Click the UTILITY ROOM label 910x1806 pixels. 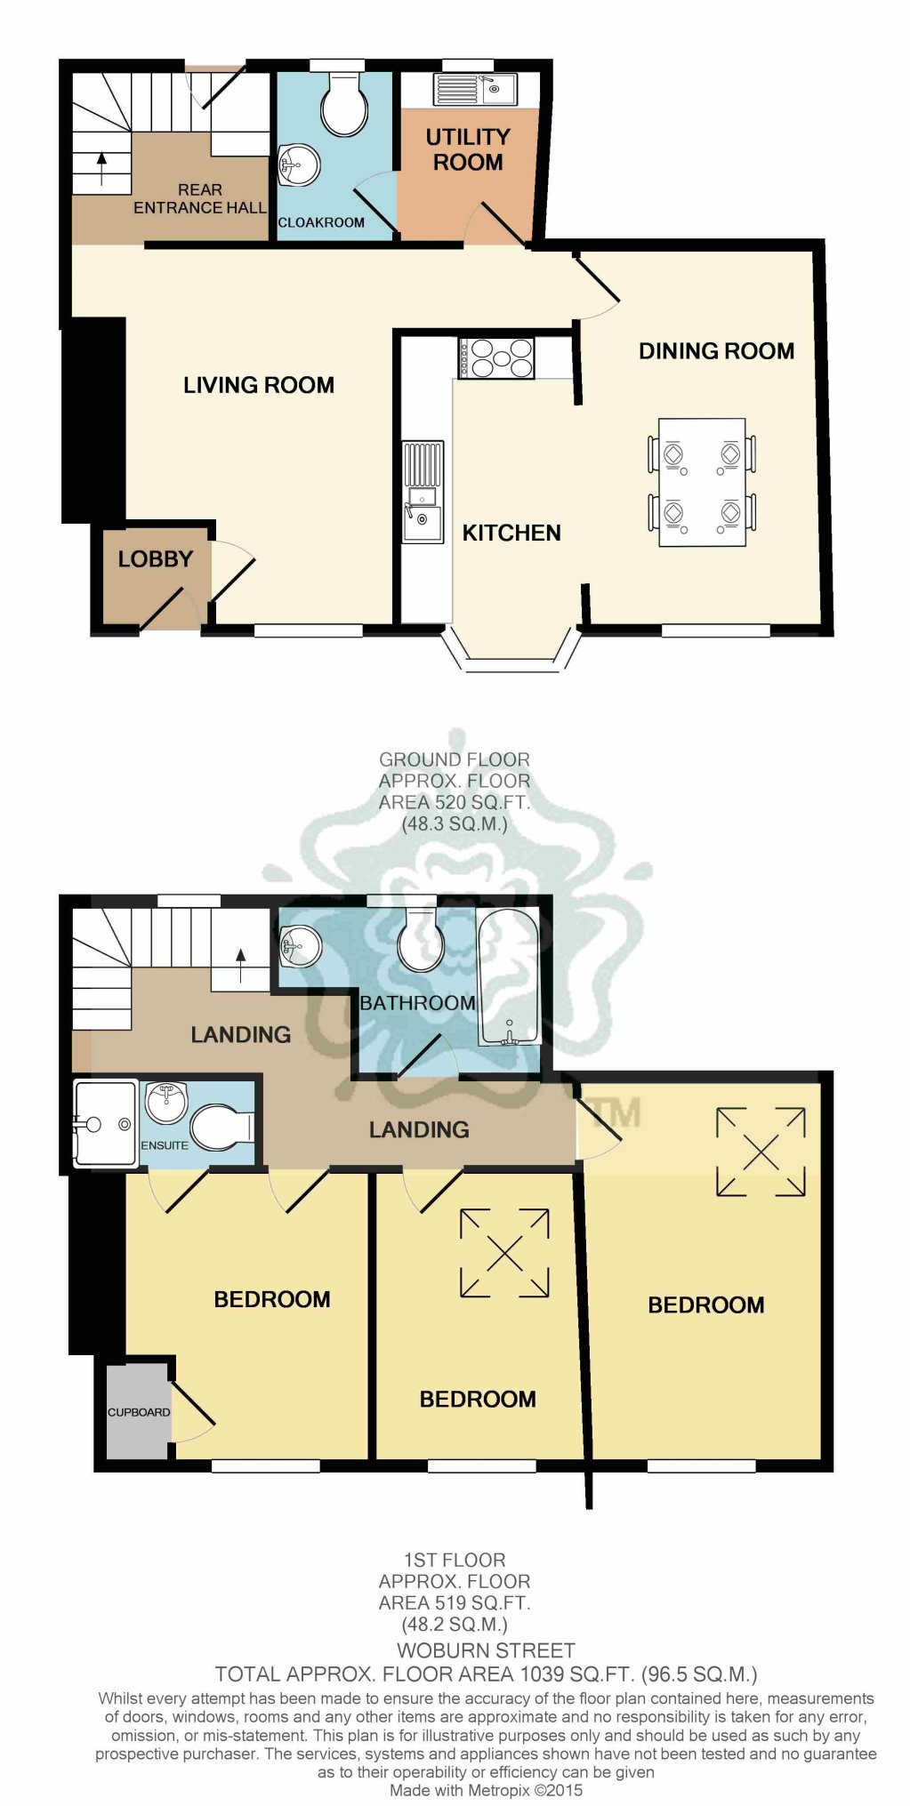[x=467, y=149]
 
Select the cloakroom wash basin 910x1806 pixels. [x=299, y=165]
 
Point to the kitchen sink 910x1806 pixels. [x=423, y=493]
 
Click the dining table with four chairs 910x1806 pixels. [x=702, y=482]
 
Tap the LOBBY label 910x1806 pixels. [x=156, y=559]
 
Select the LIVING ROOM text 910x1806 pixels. [x=259, y=385]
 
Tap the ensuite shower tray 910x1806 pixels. [x=105, y=1122]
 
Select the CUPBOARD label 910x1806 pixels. [x=138, y=1412]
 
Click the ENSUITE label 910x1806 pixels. [x=165, y=1145]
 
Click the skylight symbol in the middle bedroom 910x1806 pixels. [x=504, y=1253]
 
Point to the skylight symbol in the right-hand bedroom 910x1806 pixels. [x=761, y=1152]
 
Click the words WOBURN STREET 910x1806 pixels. [x=486, y=1651]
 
